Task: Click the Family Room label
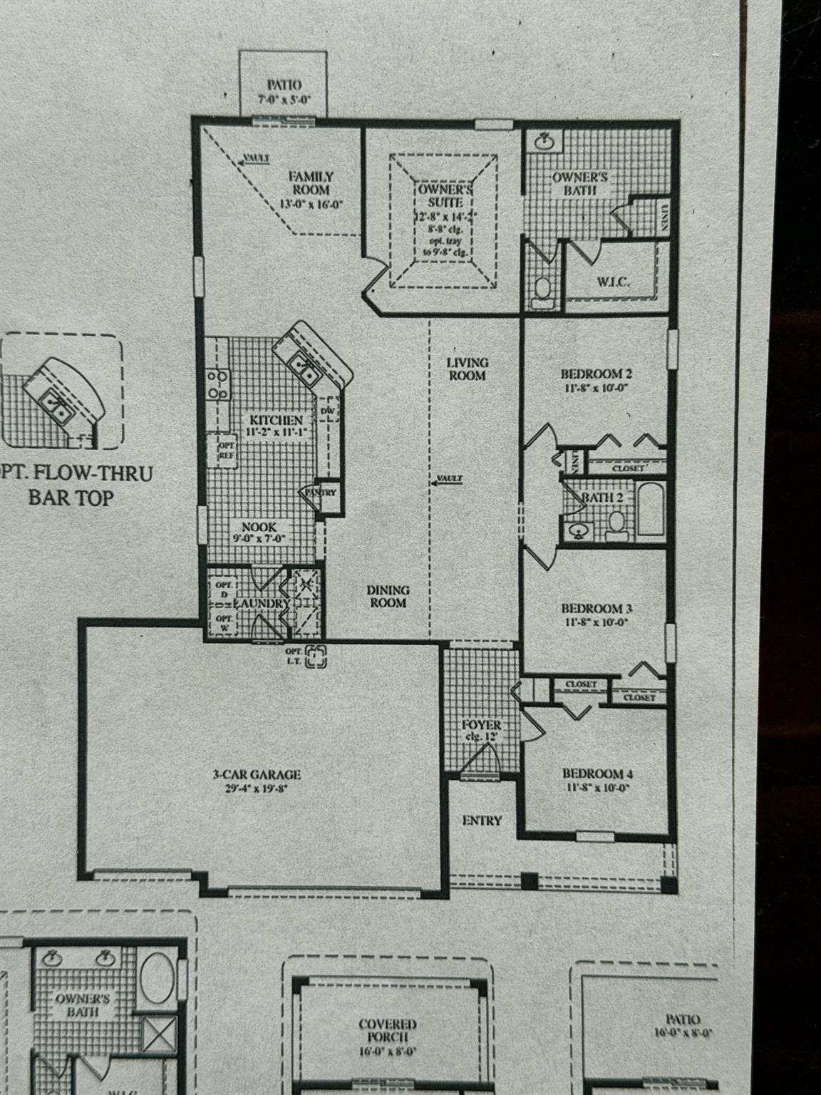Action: pos(310,182)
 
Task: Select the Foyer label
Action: pos(482,726)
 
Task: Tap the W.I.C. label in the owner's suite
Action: pos(613,282)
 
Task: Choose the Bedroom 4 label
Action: pos(597,773)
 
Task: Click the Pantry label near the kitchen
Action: pos(321,492)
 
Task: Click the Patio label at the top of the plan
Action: pos(284,85)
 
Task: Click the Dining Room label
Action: pos(388,596)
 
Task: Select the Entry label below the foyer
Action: pos(482,821)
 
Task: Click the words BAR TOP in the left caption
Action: pos(71,497)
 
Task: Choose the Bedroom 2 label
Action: pos(597,374)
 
